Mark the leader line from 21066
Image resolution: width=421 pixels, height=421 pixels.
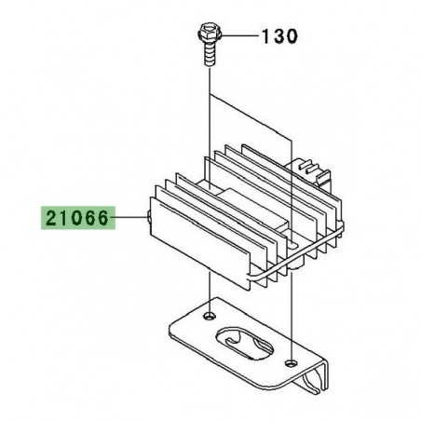coord(129,220)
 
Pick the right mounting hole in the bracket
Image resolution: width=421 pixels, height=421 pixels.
coord(292,360)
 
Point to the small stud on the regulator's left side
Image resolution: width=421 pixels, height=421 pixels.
coord(148,220)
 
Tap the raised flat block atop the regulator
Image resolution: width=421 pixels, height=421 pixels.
coord(244,200)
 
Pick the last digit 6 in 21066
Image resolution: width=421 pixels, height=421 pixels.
coord(104,220)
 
